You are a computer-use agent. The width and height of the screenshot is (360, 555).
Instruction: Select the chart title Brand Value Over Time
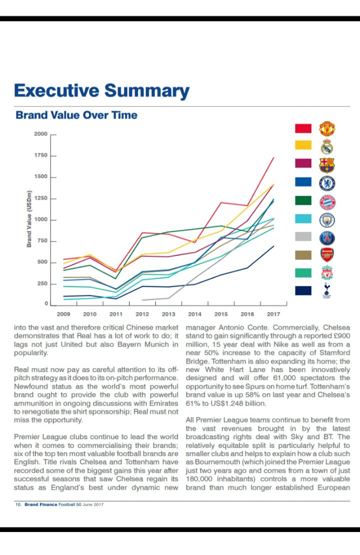click(76, 115)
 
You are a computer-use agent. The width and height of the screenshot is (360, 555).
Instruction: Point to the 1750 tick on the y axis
click(41, 156)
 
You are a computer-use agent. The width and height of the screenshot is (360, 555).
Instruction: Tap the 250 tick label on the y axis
click(43, 284)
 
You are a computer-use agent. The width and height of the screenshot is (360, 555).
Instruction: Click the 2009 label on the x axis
click(63, 314)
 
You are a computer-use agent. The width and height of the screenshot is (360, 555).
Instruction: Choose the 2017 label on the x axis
click(273, 314)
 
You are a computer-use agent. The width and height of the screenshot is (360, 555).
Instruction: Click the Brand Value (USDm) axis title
click(30, 219)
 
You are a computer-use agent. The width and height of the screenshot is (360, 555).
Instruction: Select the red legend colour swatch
click(303, 128)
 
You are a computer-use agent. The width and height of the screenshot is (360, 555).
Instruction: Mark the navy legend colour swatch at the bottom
click(303, 290)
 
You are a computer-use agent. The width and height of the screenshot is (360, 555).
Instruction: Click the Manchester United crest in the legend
click(327, 129)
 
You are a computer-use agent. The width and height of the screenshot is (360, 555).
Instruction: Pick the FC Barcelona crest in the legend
click(327, 165)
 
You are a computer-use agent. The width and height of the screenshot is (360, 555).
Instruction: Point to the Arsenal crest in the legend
click(327, 255)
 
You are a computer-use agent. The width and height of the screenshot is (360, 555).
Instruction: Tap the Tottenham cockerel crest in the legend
click(327, 290)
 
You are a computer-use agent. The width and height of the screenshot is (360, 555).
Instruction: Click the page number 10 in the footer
click(18, 504)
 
